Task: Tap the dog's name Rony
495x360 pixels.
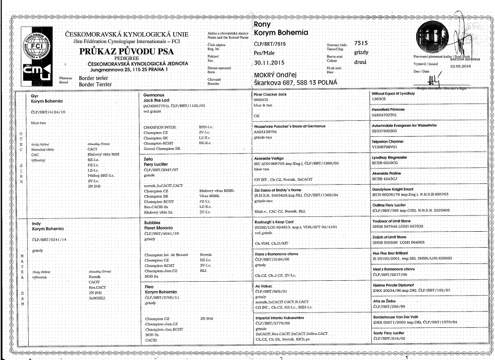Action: pyautogui.click(x=261, y=24)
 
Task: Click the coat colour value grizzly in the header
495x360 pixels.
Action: pyautogui.click(x=361, y=52)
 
